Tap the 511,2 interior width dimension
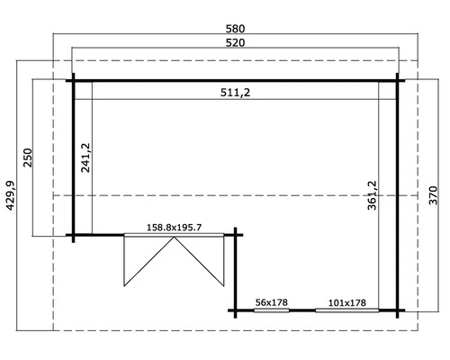[x=233, y=91]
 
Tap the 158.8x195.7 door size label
[x=175, y=228]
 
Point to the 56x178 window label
[x=271, y=301]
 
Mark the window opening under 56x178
[x=271, y=310]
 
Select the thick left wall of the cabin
[x=74, y=157]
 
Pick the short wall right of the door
[x=237, y=270]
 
